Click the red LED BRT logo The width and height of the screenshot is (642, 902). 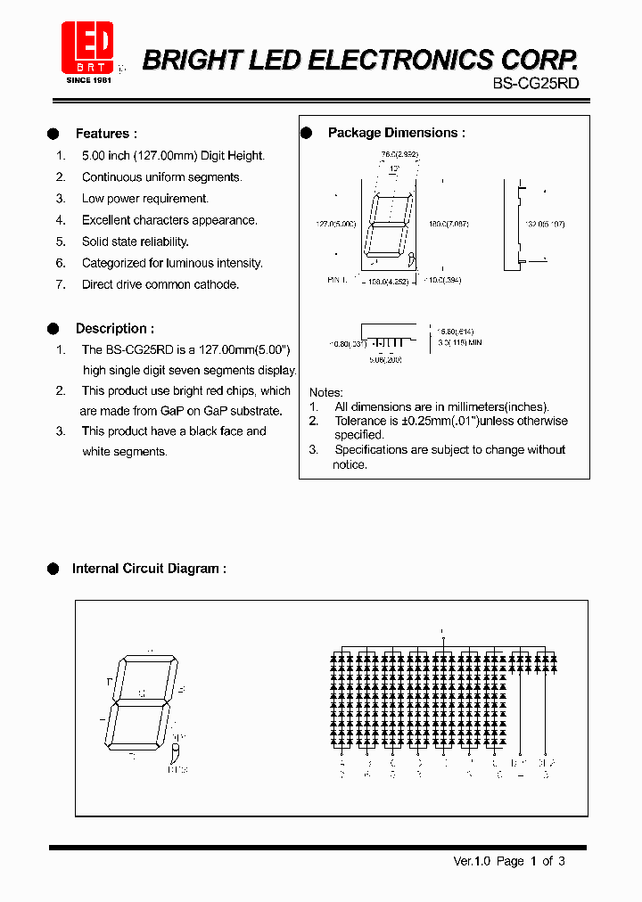click(87, 47)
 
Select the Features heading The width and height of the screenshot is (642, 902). click(105, 134)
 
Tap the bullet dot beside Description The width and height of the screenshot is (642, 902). click(53, 329)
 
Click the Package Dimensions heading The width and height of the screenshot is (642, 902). click(396, 133)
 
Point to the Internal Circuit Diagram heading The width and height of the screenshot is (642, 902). click(148, 569)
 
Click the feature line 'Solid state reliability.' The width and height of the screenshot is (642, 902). click(135, 242)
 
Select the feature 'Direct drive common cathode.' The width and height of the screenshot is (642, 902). click(160, 284)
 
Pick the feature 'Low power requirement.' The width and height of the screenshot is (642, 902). click(144, 199)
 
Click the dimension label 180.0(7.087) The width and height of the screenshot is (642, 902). click(448, 224)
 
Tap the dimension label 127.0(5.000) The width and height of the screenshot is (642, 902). click(336, 224)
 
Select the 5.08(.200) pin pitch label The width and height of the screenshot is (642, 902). click(385, 361)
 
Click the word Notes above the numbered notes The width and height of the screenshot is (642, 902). click(325, 392)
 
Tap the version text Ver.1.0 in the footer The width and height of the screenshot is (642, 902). click(472, 861)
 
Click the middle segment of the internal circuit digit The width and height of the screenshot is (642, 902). click(141, 702)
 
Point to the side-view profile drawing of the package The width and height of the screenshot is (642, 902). click(512, 224)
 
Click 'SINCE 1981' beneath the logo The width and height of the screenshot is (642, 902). click(87, 79)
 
